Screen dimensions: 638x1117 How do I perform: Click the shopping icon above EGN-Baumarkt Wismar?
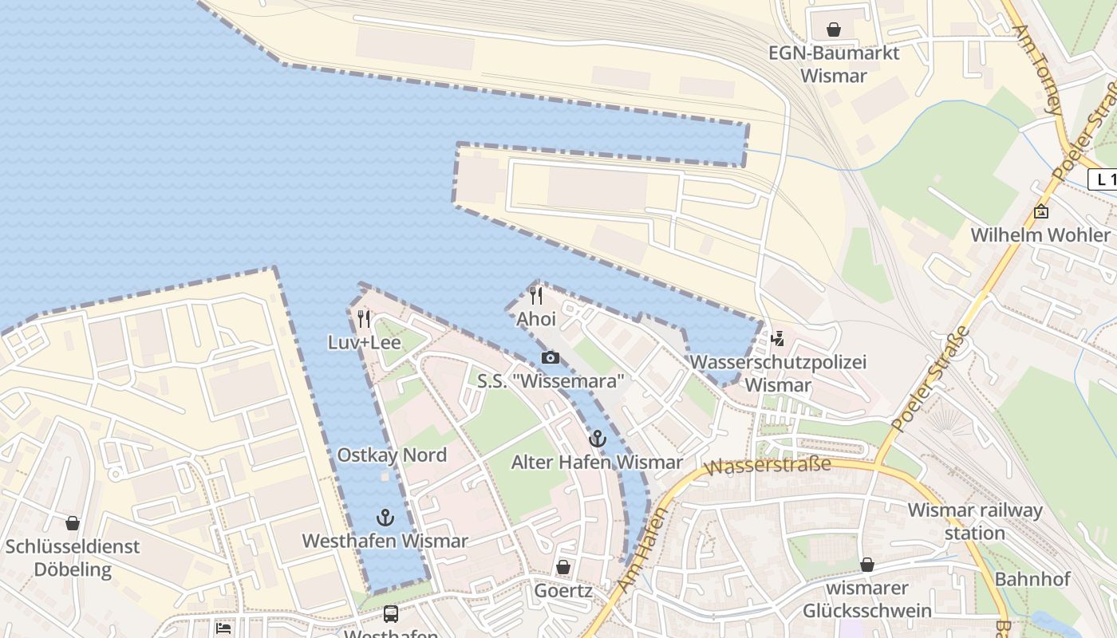834,30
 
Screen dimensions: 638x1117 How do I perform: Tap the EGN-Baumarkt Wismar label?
833,65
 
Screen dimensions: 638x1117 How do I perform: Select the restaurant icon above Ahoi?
536,296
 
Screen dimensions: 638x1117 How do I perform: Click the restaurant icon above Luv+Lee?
364,319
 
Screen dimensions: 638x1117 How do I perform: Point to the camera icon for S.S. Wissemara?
550,357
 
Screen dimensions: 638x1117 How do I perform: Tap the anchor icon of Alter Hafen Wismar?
597,439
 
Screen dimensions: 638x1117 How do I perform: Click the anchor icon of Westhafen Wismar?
385,518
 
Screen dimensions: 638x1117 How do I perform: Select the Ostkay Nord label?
392,455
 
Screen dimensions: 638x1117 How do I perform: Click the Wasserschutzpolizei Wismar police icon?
777,339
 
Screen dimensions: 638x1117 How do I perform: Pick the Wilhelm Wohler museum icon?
1040,211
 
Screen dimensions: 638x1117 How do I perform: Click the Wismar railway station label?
974,522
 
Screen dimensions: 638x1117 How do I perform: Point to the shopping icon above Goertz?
563,567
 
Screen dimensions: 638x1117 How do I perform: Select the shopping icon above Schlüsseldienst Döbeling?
73,523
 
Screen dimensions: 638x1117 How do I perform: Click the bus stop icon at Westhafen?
391,613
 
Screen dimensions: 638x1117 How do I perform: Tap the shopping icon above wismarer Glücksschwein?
867,565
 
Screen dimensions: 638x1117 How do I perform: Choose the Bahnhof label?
1032,579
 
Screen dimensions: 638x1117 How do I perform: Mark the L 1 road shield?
1103,179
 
